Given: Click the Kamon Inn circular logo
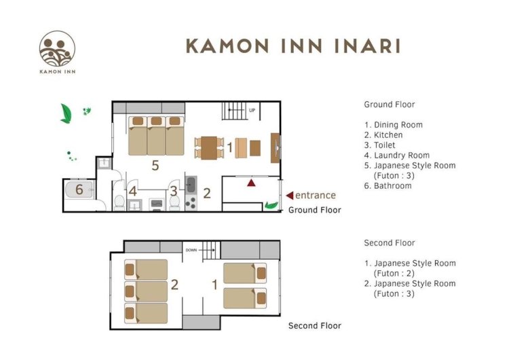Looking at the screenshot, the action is click(57, 49).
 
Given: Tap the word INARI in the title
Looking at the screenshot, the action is click(367, 46).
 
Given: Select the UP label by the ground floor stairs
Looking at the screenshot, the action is click(252, 111).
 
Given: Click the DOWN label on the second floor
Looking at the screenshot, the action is click(191, 250).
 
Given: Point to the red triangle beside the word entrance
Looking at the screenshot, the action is click(290, 195).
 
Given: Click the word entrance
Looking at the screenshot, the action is click(315, 195).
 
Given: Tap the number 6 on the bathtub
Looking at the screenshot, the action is click(79, 190).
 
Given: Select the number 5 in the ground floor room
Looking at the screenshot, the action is click(155, 165).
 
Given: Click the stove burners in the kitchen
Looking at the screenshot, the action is click(191, 203).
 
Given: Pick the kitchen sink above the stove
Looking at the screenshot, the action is click(191, 185).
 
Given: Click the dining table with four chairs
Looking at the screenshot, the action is click(209, 148).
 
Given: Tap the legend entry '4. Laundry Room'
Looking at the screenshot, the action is click(397, 156).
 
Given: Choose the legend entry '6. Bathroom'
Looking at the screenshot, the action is click(388, 186).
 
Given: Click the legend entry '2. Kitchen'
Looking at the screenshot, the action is click(383, 135).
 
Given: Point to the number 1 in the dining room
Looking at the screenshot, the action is click(230, 147).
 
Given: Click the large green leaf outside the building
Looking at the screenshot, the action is click(66, 113).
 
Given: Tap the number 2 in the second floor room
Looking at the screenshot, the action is click(174, 285).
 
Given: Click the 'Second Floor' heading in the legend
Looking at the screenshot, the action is click(390, 242).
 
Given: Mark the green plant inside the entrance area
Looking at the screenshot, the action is click(271, 205).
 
